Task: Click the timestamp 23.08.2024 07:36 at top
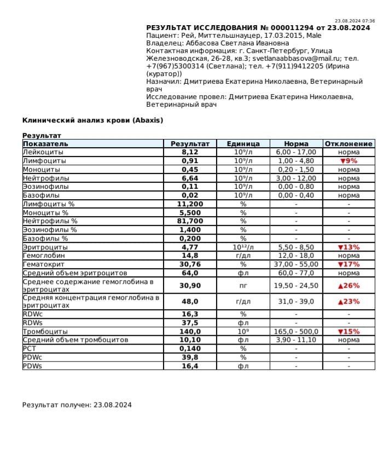point(355,21)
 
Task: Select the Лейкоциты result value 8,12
point(190,152)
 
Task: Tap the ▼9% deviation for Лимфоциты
point(349,161)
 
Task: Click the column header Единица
point(243,144)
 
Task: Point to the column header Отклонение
point(349,144)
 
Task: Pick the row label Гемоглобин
point(44,255)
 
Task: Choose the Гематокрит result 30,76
point(190,264)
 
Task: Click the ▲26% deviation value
point(349,286)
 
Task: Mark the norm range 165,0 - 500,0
point(296,332)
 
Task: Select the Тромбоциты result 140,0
point(190,332)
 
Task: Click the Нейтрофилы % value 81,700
point(190,221)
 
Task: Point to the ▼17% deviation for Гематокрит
point(349,264)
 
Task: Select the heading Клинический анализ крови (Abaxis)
point(92,120)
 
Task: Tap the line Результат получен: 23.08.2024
point(77,405)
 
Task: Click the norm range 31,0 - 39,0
point(296,301)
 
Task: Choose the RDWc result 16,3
point(190,315)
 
